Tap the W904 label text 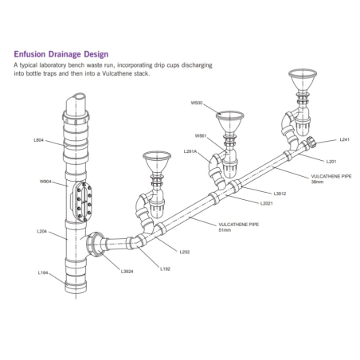click(45, 182)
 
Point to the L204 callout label click(41, 232)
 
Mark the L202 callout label click(184, 252)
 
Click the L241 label click(344, 140)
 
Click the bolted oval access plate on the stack click(84, 202)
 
